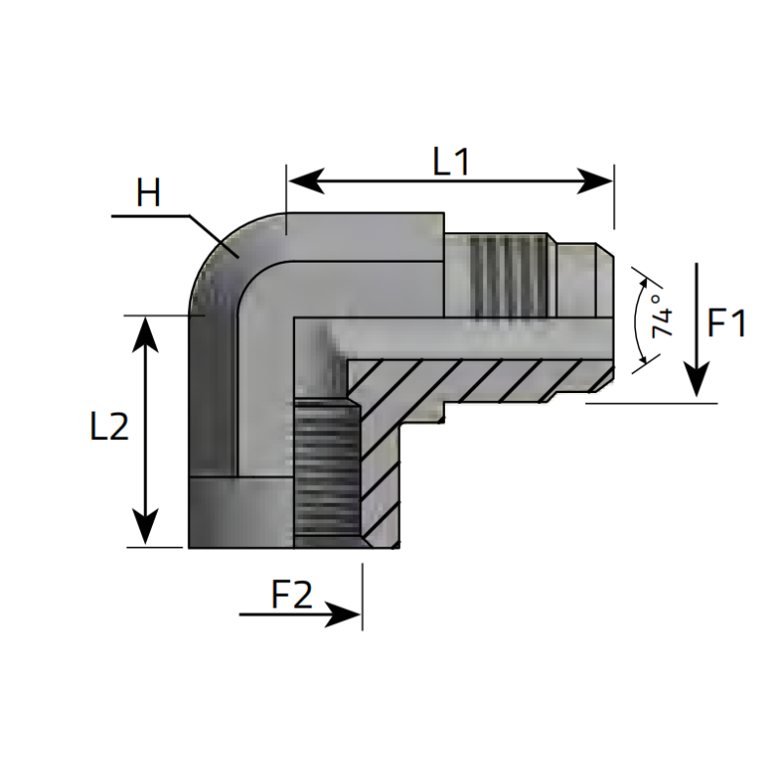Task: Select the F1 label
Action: [727, 322]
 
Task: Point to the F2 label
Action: [291, 594]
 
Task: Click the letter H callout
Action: [148, 193]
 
